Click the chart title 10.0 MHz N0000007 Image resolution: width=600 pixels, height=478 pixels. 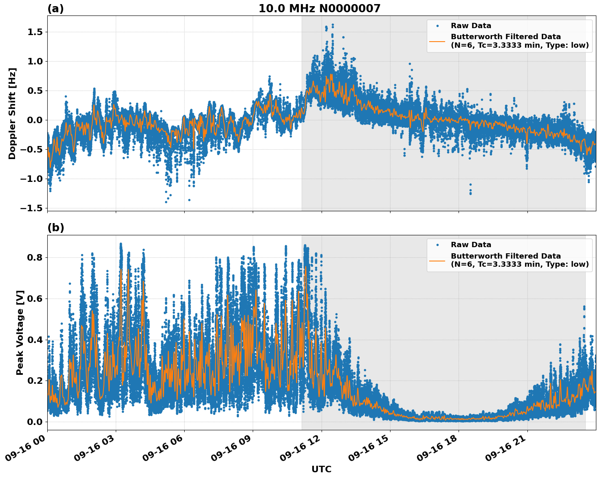pyautogui.click(x=319, y=9)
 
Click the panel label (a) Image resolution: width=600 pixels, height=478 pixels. pyautogui.click(x=55, y=9)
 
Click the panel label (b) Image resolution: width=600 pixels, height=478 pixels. pyautogui.click(x=55, y=228)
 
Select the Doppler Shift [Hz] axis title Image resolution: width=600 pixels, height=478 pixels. pyautogui.click(x=12, y=113)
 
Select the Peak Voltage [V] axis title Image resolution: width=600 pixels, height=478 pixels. pyautogui.click(x=20, y=332)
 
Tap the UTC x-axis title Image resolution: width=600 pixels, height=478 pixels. pyautogui.click(x=321, y=469)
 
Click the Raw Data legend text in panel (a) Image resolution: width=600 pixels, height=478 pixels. pyautogui.click(x=471, y=26)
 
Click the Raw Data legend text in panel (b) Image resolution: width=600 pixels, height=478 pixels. pyautogui.click(x=471, y=245)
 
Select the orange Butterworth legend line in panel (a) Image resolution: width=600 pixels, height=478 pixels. pyautogui.click(x=437, y=41)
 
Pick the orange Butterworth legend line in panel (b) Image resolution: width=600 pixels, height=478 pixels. pyautogui.click(x=437, y=260)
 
